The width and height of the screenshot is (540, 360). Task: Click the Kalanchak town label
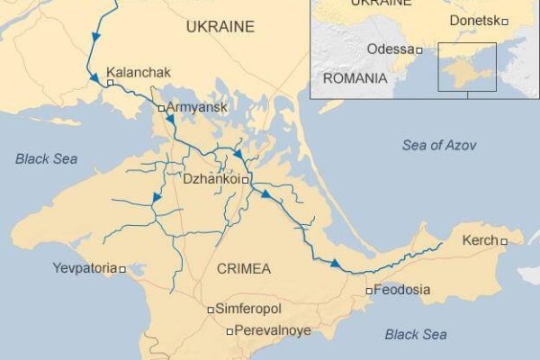[138, 73]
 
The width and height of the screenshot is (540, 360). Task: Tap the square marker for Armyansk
[161, 108]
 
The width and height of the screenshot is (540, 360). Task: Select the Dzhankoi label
[211, 179]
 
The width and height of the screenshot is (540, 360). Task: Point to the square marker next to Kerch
[504, 241]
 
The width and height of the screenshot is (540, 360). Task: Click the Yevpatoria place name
[85, 268]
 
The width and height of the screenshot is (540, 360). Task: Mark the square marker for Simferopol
[211, 310]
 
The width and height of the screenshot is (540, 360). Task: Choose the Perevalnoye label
[274, 330]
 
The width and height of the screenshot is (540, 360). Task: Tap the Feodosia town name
[402, 290]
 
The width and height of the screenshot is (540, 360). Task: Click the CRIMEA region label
[244, 268]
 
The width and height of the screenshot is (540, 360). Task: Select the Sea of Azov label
[439, 146]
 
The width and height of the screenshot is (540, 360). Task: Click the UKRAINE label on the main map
[220, 28]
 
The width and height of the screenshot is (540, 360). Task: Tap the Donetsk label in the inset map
[473, 21]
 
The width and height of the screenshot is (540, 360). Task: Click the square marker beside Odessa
[418, 49]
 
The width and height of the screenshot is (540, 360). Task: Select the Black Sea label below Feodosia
[416, 334]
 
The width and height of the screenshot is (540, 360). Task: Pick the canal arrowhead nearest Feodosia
[336, 264]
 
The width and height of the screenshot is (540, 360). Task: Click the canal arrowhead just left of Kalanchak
[94, 80]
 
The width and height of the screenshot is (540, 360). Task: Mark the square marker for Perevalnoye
[229, 331]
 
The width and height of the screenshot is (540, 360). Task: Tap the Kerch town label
[479, 240]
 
